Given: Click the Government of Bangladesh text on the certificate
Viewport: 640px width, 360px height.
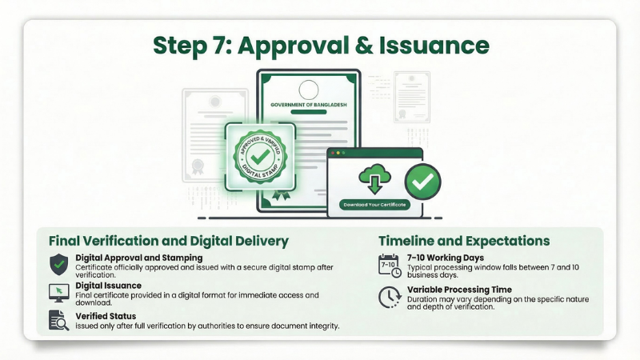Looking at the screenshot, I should click(308, 105).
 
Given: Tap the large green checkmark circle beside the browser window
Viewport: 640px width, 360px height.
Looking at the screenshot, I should click(422, 182).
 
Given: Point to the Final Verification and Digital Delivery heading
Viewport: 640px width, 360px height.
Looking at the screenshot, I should click(168, 241).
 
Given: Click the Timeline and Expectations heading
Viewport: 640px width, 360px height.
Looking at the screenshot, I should click(463, 241).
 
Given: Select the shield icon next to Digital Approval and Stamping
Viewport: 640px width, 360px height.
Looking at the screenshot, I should click(59, 265).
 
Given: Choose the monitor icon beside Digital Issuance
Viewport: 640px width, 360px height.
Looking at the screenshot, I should click(59, 292).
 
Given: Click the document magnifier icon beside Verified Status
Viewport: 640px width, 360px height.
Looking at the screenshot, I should click(59, 319).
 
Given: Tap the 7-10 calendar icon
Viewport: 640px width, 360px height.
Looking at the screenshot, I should click(390, 265).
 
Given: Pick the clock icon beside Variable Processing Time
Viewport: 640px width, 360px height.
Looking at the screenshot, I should click(390, 297).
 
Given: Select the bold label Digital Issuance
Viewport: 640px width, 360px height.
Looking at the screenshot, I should click(109, 285).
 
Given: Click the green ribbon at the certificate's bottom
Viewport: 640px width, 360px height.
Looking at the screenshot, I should click(279, 195).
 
